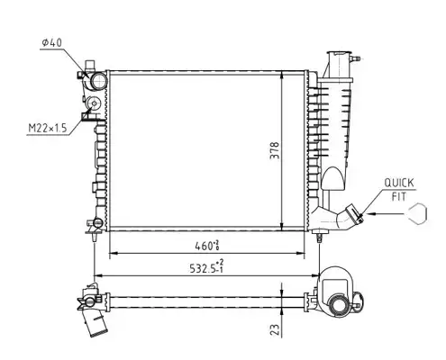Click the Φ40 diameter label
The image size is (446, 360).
(x=51, y=43)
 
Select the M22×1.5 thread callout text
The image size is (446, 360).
(x=47, y=129)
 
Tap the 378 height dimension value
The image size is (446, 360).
(x=275, y=150)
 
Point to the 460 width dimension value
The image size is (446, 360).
(x=207, y=246)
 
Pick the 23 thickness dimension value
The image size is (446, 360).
(x=275, y=330)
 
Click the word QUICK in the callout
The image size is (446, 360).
(x=399, y=183)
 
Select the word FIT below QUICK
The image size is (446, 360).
(x=399, y=197)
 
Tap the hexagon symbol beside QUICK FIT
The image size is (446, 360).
(x=417, y=213)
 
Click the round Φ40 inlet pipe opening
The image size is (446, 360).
(x=98, y=81)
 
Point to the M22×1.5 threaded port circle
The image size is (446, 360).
(x=94, y=103)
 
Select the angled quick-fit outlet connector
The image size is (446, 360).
(x=350, y=217)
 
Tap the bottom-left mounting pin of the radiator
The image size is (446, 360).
(x=95, y=237)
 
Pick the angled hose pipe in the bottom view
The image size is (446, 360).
(x=94, y=323)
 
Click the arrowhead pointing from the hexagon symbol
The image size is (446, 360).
(x=371, y=214)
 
